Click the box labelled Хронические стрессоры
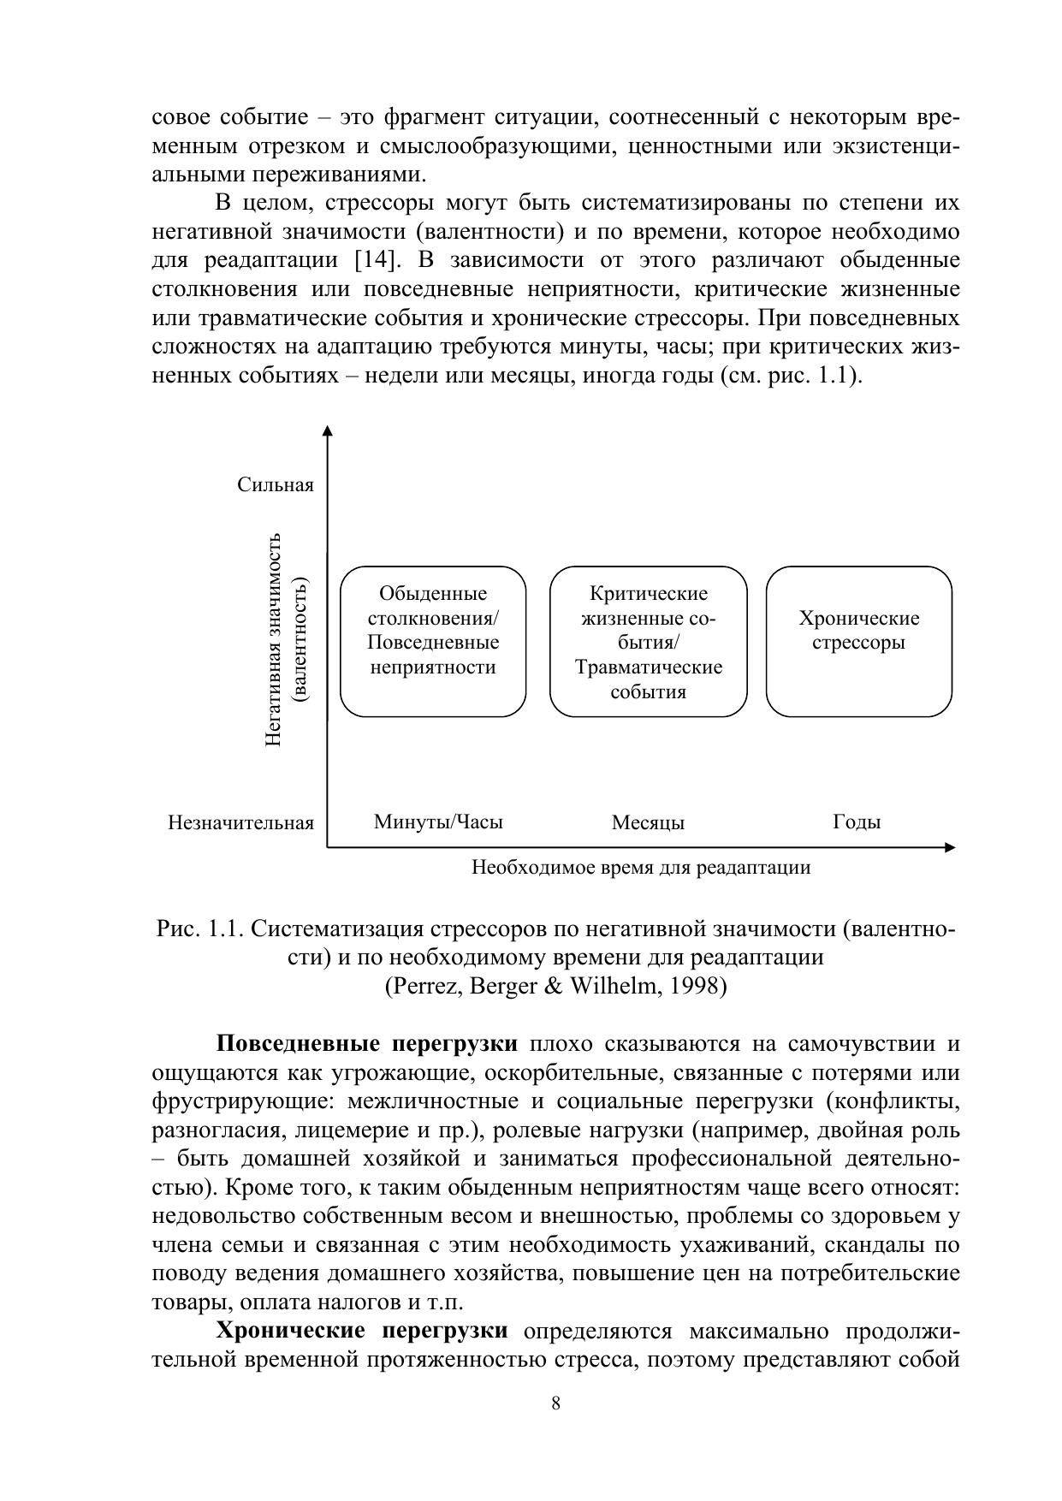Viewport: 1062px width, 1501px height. coord(858,641)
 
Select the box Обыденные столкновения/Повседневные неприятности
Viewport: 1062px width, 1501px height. coord(433,641)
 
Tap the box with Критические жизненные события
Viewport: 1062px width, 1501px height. coord(648,641)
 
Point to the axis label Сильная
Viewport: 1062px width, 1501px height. coord(276,485)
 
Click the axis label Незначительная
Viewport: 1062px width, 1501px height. coord(241,823)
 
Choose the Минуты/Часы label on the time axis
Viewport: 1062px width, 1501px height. coord(438,822)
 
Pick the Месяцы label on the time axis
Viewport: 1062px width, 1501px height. coord(648,823)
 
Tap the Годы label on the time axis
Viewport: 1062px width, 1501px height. coord(857,822)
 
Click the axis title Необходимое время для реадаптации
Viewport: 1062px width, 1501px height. coord(641,868)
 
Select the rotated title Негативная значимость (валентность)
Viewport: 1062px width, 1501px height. coord(287,639)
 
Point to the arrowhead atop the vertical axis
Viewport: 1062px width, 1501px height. coord(327,430)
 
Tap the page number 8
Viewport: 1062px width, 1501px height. coord(556,1403)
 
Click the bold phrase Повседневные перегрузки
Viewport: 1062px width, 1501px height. coord(366,1044)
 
